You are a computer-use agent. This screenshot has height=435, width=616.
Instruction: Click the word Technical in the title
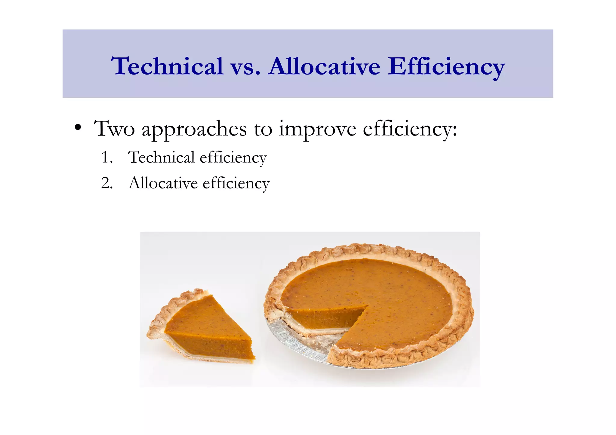click(167, 66)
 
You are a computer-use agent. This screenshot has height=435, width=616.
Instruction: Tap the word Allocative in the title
click(325, 66)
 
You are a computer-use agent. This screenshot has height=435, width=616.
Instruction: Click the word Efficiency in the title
click(446, 66)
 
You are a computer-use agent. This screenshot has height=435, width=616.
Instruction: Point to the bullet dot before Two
click(78, 128)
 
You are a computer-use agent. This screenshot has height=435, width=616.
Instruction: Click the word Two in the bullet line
click(114, 129)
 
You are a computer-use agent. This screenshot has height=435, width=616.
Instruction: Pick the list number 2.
click(106, 183)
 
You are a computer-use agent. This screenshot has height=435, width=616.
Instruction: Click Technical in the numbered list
click(162, 157)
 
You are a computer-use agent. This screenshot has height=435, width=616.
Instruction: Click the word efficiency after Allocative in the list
click(236, 183)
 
